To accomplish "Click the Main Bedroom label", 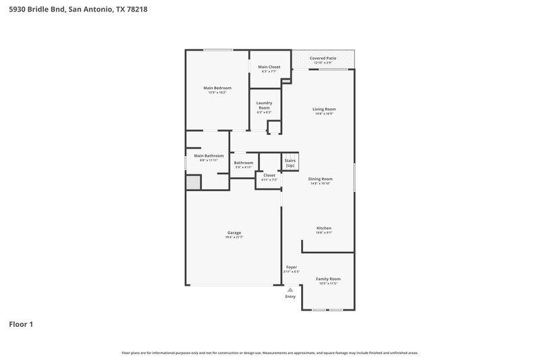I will tap(217, 88).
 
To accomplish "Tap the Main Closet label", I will tap(269, 67).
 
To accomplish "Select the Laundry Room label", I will tap(264, 105).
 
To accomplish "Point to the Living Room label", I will tap(323, 109).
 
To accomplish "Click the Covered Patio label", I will tap(323, 59).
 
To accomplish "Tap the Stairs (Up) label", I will tap(290, 163).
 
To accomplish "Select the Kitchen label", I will tap(324, 228).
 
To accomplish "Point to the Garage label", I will tap(234, 232).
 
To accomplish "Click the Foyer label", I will tap(292, 267).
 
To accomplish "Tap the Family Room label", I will tap(328, 279).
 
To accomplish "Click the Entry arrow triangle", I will tap(290, 289).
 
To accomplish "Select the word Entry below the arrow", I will tap(290, 297).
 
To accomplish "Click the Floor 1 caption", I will tap(21, 324).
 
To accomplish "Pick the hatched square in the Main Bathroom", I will tap(193, 182).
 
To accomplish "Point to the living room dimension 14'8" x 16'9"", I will tap(323, 113).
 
